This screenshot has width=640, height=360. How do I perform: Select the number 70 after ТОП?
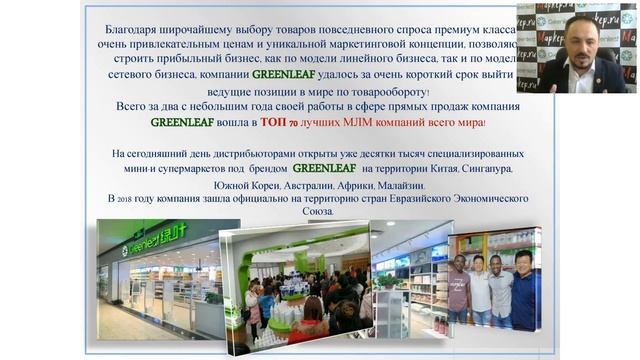(x=295, y=124)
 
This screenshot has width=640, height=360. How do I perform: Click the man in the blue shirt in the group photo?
(x=524, y=290)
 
